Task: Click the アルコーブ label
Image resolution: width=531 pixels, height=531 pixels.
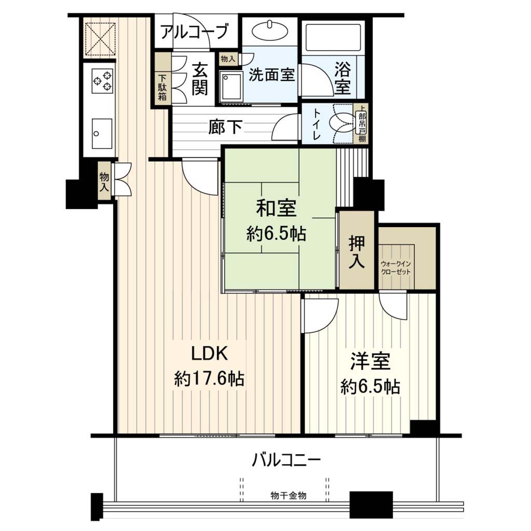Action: click(x=194, y=32)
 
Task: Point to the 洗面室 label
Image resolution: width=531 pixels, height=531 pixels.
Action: click(x=272, y=74)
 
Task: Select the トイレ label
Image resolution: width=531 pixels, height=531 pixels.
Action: click(x=317, y=124)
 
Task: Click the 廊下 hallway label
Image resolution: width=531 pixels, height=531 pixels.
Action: click(x=225, y=127)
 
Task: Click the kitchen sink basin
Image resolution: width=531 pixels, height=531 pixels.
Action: click(x=102, y=133)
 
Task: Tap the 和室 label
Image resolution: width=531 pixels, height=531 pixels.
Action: click(x=276, y=208)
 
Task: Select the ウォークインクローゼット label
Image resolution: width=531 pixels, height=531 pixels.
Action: click(x=396, y=268)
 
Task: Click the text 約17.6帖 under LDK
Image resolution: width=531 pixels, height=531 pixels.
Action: click(x=209, y=378)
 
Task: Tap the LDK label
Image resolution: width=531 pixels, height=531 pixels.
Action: click(x=209, y=354)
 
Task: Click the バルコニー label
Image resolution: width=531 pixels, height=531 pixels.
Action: click(x=286, y=460)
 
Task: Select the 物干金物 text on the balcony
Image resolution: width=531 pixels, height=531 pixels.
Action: click(x=288, y=495)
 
